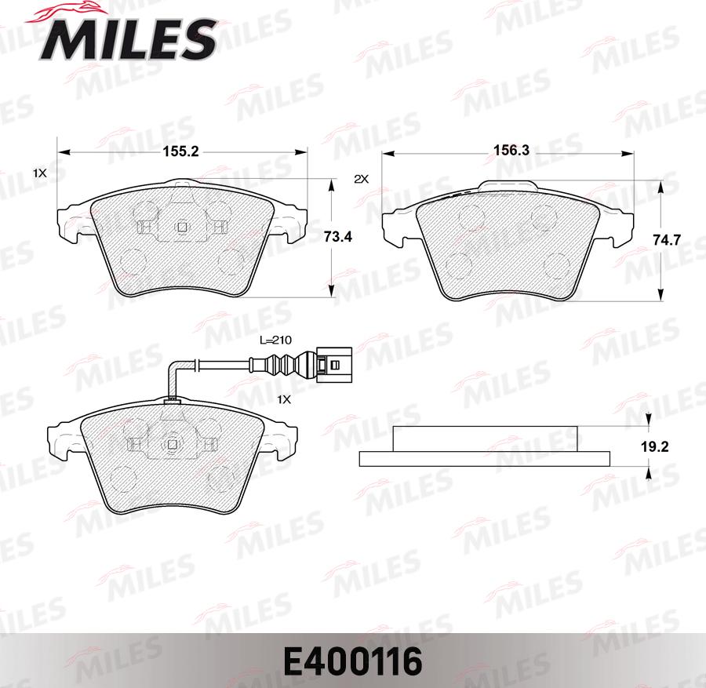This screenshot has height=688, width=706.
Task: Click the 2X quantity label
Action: (x=361, y=179)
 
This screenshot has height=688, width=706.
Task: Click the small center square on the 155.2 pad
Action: (x=181, y=228)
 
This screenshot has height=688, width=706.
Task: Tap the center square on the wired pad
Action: (x=172, y=445)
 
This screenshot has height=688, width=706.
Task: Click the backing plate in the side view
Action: (x=485, y=458)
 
